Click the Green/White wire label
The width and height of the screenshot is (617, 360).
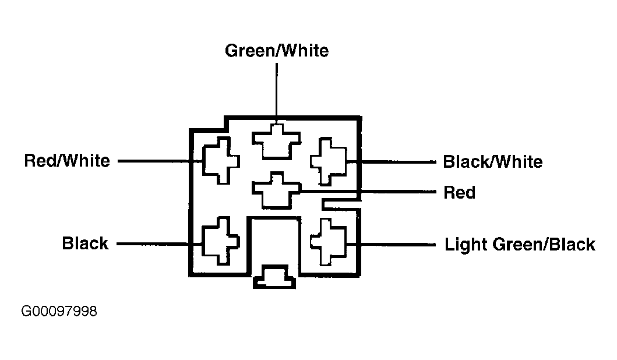(277, 51)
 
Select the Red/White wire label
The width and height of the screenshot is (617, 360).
(67, 161)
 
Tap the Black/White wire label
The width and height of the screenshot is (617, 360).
(493, 162)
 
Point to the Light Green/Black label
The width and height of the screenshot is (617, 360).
(520, 244)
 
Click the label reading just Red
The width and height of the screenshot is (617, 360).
(459, 192)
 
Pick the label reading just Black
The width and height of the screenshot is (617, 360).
(85, 243)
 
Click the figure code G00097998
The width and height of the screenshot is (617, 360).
(59, 311)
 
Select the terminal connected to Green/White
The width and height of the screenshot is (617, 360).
(276, 142)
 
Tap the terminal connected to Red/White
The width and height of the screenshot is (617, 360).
(221, 161)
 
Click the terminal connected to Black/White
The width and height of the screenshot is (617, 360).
(329, 161)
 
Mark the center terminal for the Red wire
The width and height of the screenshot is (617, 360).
(276, 190)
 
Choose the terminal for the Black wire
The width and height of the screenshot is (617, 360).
(220, 241)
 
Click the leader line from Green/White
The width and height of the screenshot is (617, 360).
(277, 93)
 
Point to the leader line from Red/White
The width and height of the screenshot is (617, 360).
(160, 161)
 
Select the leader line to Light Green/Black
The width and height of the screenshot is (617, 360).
(391, 244)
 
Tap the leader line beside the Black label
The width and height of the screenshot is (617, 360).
(160, 244)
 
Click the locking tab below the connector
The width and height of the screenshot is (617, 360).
(274, 277)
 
